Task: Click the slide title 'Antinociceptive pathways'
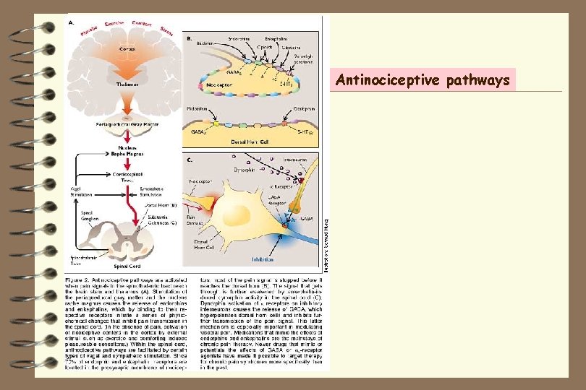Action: coord(426,80)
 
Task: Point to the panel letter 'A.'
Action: coord(71,22)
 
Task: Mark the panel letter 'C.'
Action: coord(190,157)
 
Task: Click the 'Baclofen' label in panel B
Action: coord(205,43)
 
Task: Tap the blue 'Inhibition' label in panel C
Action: coord(263,258)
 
